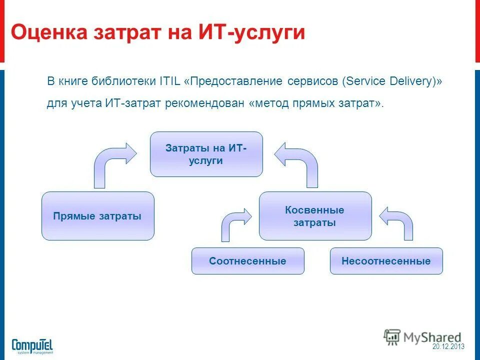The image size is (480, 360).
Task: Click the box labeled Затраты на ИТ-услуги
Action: [x=206, y=154]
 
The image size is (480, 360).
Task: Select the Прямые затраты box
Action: [x=97, y=216]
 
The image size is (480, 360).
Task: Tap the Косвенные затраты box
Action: [x=315, y=216]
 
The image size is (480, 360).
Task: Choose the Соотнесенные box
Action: [x=247, y=261]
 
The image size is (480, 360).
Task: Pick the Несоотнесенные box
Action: [x=386, y=261]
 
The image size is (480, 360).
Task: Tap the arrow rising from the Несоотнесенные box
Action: [x=400, y=222]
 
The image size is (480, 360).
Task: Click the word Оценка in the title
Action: [x=47, y=32]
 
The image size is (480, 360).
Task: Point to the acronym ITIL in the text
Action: [x=170, y=81]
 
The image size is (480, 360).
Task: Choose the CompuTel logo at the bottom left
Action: [x=32, y=345]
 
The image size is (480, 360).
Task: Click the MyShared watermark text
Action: [x=432, y=337]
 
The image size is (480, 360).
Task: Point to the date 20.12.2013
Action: [x=448, y=346]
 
